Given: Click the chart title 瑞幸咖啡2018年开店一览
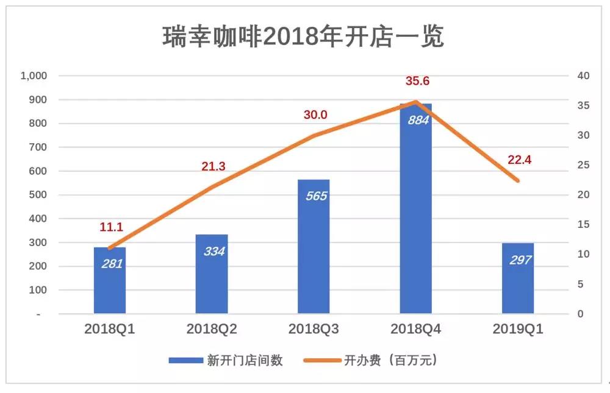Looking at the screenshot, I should click(303, 37).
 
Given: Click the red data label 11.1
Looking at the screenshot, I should click(112, 227).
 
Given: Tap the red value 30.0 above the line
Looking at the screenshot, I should click(315, 115).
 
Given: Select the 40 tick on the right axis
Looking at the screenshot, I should click(584, 76).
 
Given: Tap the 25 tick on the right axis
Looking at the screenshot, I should click(584, 165).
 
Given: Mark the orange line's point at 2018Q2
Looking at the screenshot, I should click(212, 187).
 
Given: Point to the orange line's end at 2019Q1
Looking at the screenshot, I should click(518, 181).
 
